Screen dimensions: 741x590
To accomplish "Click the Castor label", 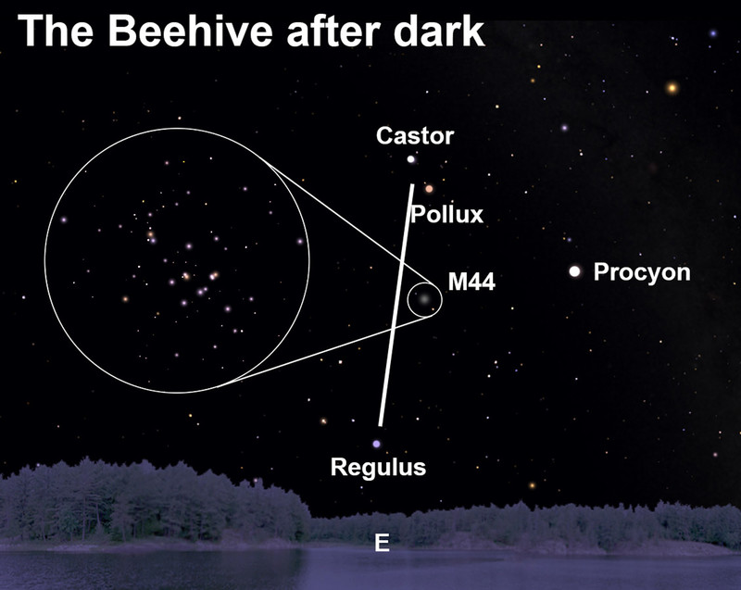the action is (415, 136).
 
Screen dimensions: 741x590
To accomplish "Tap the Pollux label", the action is (447, 215).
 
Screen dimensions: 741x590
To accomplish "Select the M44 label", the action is (471, 282).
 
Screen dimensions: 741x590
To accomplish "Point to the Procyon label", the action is (642, 272).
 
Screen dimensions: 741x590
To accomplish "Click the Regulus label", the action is (378, 467).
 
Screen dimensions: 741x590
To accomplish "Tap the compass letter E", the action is (382, 543).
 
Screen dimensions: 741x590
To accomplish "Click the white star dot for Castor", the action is (411, 159).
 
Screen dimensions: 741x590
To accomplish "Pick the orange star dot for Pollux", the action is (429, 189).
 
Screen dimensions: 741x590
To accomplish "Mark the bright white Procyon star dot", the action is (574, 271).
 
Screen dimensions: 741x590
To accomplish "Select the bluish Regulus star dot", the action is (376, 444).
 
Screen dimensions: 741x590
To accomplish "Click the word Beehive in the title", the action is (191, 31).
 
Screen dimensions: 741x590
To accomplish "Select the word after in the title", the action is (333, 31).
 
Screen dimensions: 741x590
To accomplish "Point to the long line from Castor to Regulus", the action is (396, 305).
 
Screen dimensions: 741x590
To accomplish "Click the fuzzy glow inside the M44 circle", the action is (424, 299).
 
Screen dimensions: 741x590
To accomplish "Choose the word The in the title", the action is (56, 31).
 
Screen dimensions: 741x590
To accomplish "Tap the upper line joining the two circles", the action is (347, 222).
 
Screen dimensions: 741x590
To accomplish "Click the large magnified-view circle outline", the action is (44, 260).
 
